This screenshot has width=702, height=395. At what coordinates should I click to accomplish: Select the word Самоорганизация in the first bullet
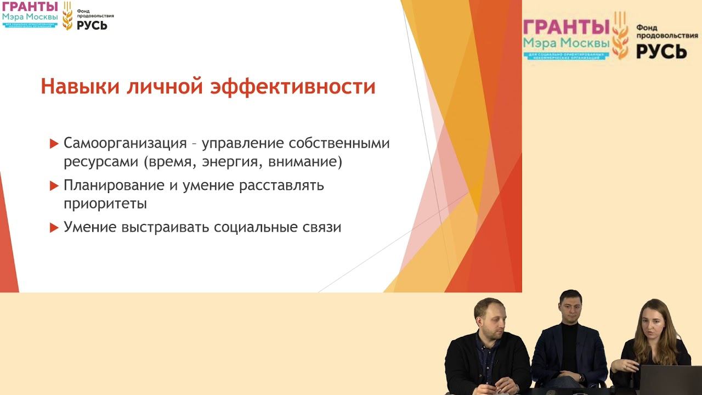click(x=126, y=144)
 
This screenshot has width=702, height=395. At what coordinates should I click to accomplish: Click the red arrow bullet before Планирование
click(x=54, y=186)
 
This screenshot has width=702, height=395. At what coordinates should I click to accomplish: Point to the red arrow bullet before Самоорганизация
click(x=54, y=144)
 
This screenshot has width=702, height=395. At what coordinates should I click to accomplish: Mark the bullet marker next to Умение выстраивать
click(x=54, y=228)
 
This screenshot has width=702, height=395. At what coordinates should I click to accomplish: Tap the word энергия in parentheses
click(x=233, y=162)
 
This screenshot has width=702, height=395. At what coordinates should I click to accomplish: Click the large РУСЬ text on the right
click(x=661, y=50)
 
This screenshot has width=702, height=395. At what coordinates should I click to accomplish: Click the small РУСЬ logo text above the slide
click(x=92, y=25)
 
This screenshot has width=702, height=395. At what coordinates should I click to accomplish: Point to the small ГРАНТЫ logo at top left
click(x=30, y=7)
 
